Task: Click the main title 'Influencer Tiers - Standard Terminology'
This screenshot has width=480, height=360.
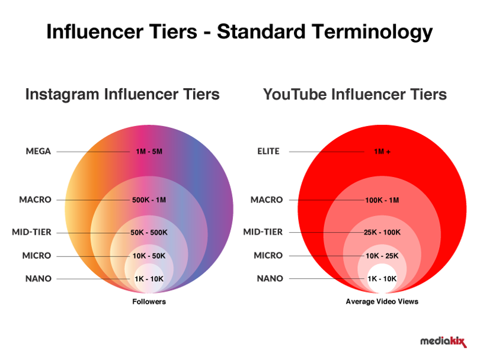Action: point(239,32)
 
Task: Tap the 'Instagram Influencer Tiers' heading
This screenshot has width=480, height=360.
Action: point(123,94)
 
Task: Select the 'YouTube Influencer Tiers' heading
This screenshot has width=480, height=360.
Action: point(355,94)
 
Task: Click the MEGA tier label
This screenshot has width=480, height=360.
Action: point(39,151)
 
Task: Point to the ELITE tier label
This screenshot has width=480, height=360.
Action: point(268,151)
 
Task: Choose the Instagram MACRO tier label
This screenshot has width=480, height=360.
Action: point(35,200)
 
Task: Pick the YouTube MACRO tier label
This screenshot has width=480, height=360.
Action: point(267,200)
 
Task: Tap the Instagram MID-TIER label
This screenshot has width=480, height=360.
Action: point(31,232)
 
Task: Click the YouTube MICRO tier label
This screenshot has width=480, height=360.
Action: point(268,255)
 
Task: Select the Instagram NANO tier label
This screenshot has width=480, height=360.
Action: point(39,279)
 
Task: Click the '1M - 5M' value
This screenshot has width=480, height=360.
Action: point(149,152)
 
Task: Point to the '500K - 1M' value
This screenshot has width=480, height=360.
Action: point(149,200)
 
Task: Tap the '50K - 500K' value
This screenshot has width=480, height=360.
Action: point(149,233)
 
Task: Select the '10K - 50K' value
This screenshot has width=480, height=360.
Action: point(149,256)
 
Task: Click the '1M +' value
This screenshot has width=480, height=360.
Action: point(382,152)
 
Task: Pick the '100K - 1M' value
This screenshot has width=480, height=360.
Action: point(382,200)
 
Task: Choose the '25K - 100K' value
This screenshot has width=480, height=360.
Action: point(382,232)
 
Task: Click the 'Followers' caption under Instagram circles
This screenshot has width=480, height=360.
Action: point(149,301)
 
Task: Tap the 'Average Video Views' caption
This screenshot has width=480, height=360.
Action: point(382,301)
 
